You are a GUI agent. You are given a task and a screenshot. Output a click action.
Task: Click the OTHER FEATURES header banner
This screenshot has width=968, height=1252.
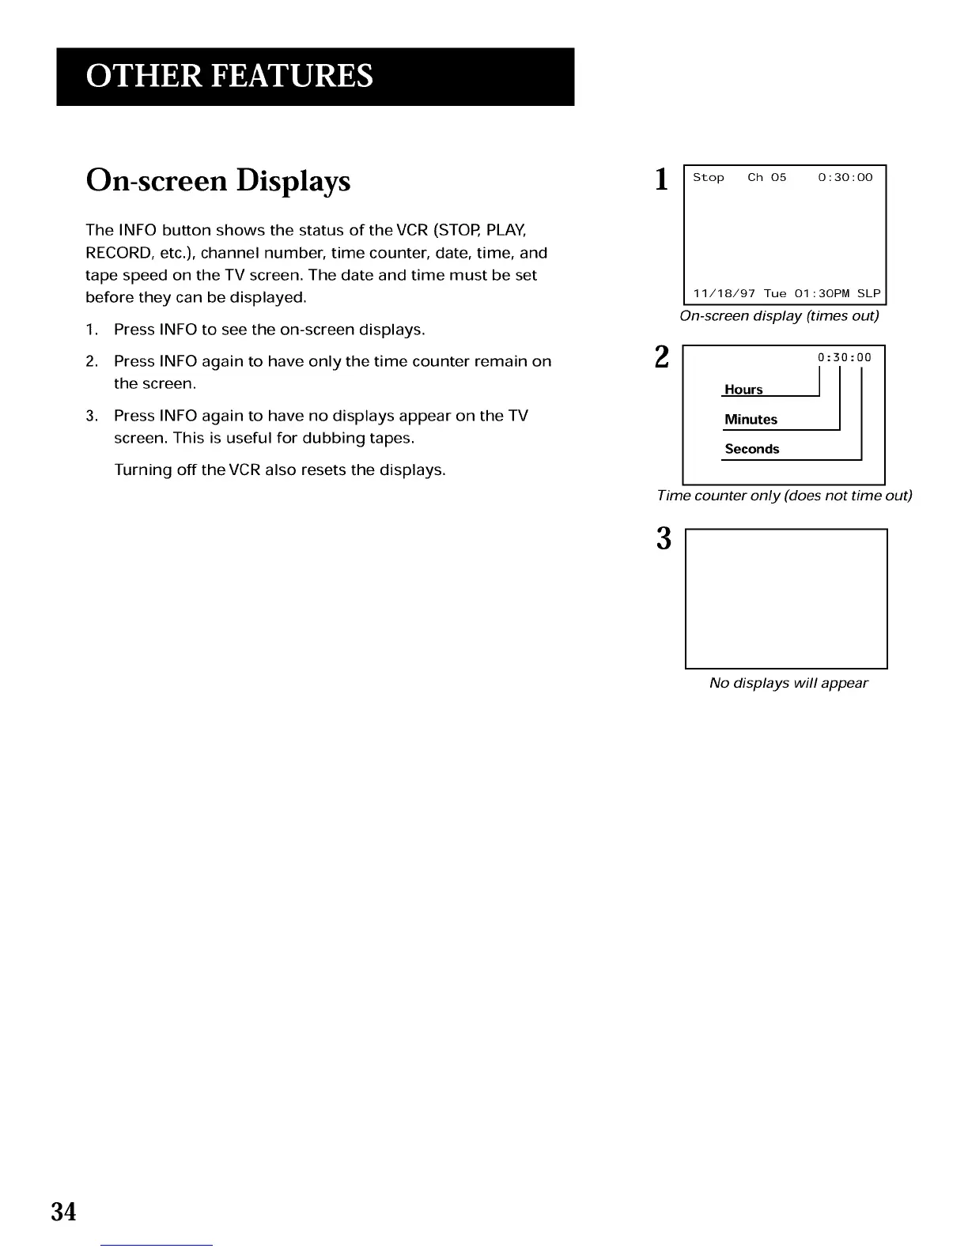pos(315,77)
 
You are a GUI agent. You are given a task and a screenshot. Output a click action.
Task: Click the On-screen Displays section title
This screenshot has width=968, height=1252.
pos(217,181)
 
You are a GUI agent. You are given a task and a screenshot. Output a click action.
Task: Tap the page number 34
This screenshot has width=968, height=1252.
pos(63,1211)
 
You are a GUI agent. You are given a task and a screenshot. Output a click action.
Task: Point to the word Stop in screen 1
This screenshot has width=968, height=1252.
pos(708,178)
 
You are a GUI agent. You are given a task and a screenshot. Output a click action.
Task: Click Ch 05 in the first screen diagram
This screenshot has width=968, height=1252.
pos(766,178)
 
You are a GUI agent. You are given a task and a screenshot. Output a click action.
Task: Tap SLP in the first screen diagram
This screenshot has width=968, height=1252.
pos(868,294)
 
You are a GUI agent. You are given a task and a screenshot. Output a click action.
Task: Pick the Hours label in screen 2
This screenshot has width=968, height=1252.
pos(743,390)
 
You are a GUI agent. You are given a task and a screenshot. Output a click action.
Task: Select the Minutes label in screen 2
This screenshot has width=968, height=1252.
pos(751,420)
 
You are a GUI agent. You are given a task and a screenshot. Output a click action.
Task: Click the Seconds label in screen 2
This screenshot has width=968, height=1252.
pos(751,449)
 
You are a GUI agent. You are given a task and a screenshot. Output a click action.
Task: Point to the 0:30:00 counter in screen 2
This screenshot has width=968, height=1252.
pos(844,357)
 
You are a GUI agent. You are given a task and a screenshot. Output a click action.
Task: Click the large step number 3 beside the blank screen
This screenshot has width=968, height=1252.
pos(664,539)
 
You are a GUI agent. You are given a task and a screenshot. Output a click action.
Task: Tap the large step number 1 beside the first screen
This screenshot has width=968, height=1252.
pos(662,180)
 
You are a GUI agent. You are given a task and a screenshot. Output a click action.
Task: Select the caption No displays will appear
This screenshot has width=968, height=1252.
pos(788,683)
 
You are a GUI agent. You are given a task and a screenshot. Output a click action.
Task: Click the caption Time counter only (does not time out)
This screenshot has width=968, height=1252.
pos(784,496)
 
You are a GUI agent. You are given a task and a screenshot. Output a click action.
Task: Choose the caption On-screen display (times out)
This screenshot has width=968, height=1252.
pos(779,316)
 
